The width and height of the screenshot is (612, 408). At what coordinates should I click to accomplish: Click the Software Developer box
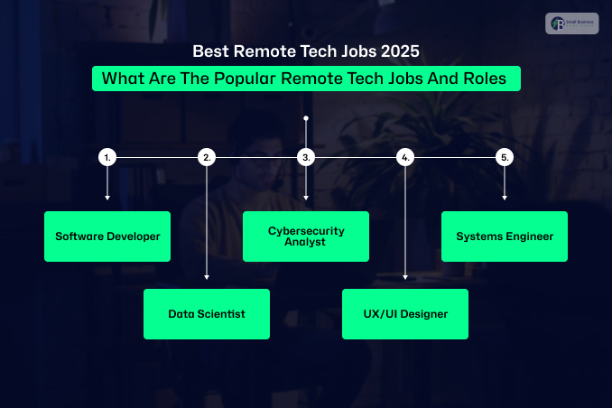[x=107, y=236]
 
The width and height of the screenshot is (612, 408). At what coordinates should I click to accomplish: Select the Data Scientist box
[x=207, y=314]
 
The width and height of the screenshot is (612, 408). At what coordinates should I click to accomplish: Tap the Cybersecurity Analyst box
[x=306, y=236]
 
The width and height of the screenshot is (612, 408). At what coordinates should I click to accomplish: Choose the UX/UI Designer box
[x=405, y=314]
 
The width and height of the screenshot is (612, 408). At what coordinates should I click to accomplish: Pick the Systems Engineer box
[x=505, y=236]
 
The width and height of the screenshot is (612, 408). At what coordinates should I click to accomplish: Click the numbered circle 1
[x=107, y=157]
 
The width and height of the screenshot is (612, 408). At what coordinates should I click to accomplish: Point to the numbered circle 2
[x=207, y=157]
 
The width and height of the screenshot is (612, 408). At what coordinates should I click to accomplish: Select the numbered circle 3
[x=306, y=157]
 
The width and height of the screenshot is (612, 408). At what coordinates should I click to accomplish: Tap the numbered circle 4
[x=405, y=157]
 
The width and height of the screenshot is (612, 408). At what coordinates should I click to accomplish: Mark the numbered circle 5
[x=505, y=157]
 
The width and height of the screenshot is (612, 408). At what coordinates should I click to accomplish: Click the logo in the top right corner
[x=571, y=23]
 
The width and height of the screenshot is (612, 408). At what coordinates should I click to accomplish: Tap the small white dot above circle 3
[x=306, y=118]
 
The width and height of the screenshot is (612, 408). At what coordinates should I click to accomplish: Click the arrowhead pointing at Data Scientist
[x=207, y=278]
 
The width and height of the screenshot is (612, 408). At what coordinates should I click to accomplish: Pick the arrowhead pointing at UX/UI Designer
[x=405, y=278]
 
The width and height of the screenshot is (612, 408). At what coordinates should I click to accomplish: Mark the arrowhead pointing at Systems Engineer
[x=505, y=198]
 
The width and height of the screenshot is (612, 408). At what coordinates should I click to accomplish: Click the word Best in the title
[x=212, y=52]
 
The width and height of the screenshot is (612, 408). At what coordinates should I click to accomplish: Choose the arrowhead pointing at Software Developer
[x=107, y=198]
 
